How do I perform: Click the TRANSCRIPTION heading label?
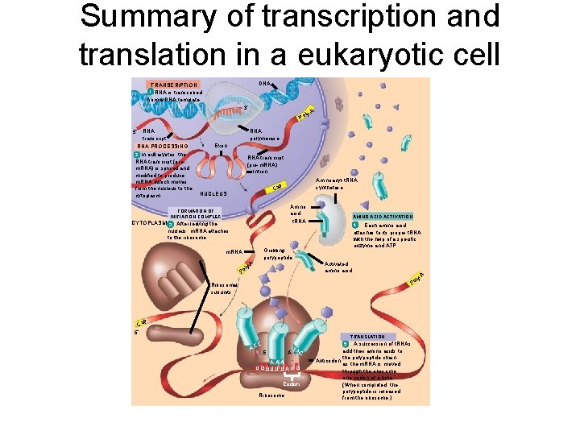coord(174,85)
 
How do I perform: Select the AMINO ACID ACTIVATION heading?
coord(383,216)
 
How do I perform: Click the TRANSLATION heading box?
coord(367,336)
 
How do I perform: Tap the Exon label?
coord(222,145)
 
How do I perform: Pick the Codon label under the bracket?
coord(292,383)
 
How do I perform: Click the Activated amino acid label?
coord(338,267)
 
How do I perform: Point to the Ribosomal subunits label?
coord(225,288)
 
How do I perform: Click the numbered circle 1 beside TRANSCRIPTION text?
coord(150,92)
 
